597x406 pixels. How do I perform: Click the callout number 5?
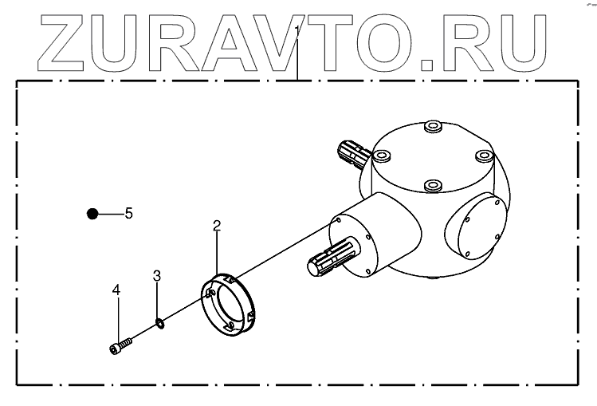pyautogui.click(x=128, y=214)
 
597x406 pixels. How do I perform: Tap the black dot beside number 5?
pyautogui.click(x=92, y=213)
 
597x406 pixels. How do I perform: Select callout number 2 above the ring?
pyautogui.click(x=217, y=225)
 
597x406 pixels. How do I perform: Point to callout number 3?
pyautogui.click(x=157, y=276)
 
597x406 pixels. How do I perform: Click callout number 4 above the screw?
pyautogui.click(x=116, y=291)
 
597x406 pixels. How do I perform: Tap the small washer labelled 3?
pyautogui.click(x=159, y=323)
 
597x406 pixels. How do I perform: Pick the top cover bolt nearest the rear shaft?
pyautogui.click(x=383, y=156)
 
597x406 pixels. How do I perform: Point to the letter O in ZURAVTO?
pyautogui.click(x=391, y=40)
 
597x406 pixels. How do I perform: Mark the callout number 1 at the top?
pyautogui.click(x=297, y=30)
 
